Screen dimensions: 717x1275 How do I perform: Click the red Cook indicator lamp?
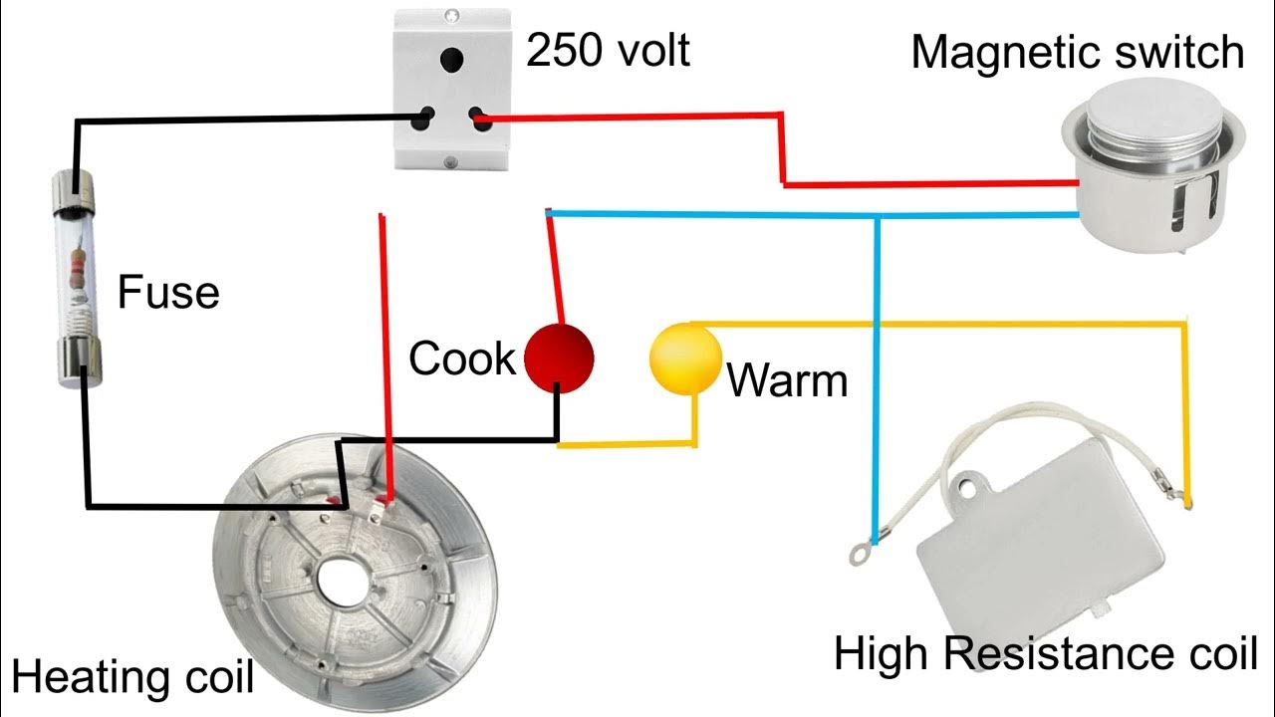[559, 356]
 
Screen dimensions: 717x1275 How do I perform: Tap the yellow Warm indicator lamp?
[684, 360]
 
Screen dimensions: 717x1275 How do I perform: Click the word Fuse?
[168, 293]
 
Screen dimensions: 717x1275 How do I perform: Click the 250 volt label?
[608, 50]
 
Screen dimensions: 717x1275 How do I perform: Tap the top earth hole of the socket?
[453, 59]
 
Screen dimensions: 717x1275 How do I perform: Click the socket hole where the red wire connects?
[481, 121]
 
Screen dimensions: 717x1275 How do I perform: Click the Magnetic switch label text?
[1077, 52]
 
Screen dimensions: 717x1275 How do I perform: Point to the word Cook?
[461, 358]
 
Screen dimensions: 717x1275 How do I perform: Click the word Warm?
[787, 380]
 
